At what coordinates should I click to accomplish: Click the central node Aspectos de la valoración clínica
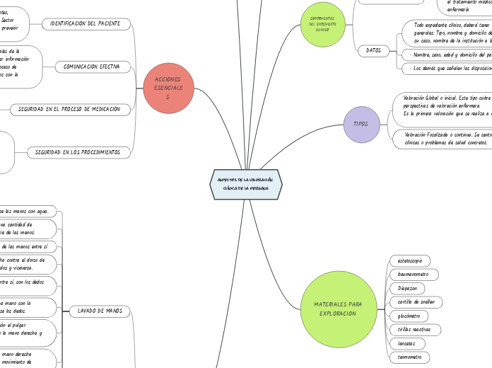tap(246, 184)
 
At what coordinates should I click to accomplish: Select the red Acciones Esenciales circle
tap(168, 88)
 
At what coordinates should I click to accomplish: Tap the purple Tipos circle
tap(361, 124)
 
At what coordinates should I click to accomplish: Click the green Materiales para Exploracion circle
tap(337, 309)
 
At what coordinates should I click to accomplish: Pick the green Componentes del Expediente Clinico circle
tap(322, 24)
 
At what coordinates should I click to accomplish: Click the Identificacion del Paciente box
tap(86, 24)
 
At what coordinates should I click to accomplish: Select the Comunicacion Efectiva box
tap(92, 67)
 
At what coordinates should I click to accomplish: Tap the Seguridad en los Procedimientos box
tap(78, 152)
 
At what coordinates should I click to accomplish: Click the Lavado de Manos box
tap(100, 311)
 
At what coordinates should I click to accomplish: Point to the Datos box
tap(373, 50)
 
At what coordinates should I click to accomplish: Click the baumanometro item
tap(414, 275)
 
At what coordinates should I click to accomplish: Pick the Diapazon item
tap(408, 288)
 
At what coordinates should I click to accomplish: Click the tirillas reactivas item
tap(415, 330)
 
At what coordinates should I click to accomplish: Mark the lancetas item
tap(406, 343)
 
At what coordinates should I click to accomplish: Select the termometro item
tap(409, 357)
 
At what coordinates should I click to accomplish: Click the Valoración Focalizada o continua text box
tap(443, 138)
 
